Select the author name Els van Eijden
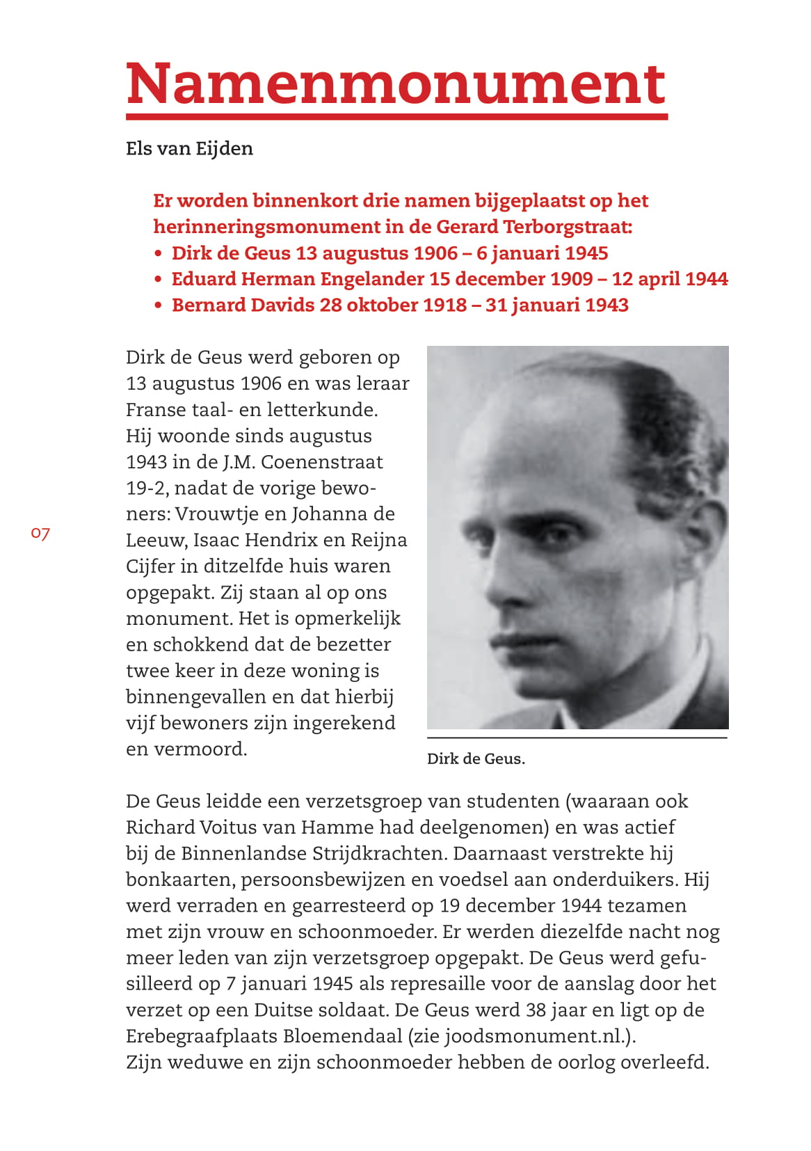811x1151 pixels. (189, 148)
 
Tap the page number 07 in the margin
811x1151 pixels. (40, 534)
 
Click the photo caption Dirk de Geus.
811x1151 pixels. (476, 759)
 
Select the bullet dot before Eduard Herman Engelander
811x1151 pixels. (159, 280)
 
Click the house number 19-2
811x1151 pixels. (146, 489)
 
